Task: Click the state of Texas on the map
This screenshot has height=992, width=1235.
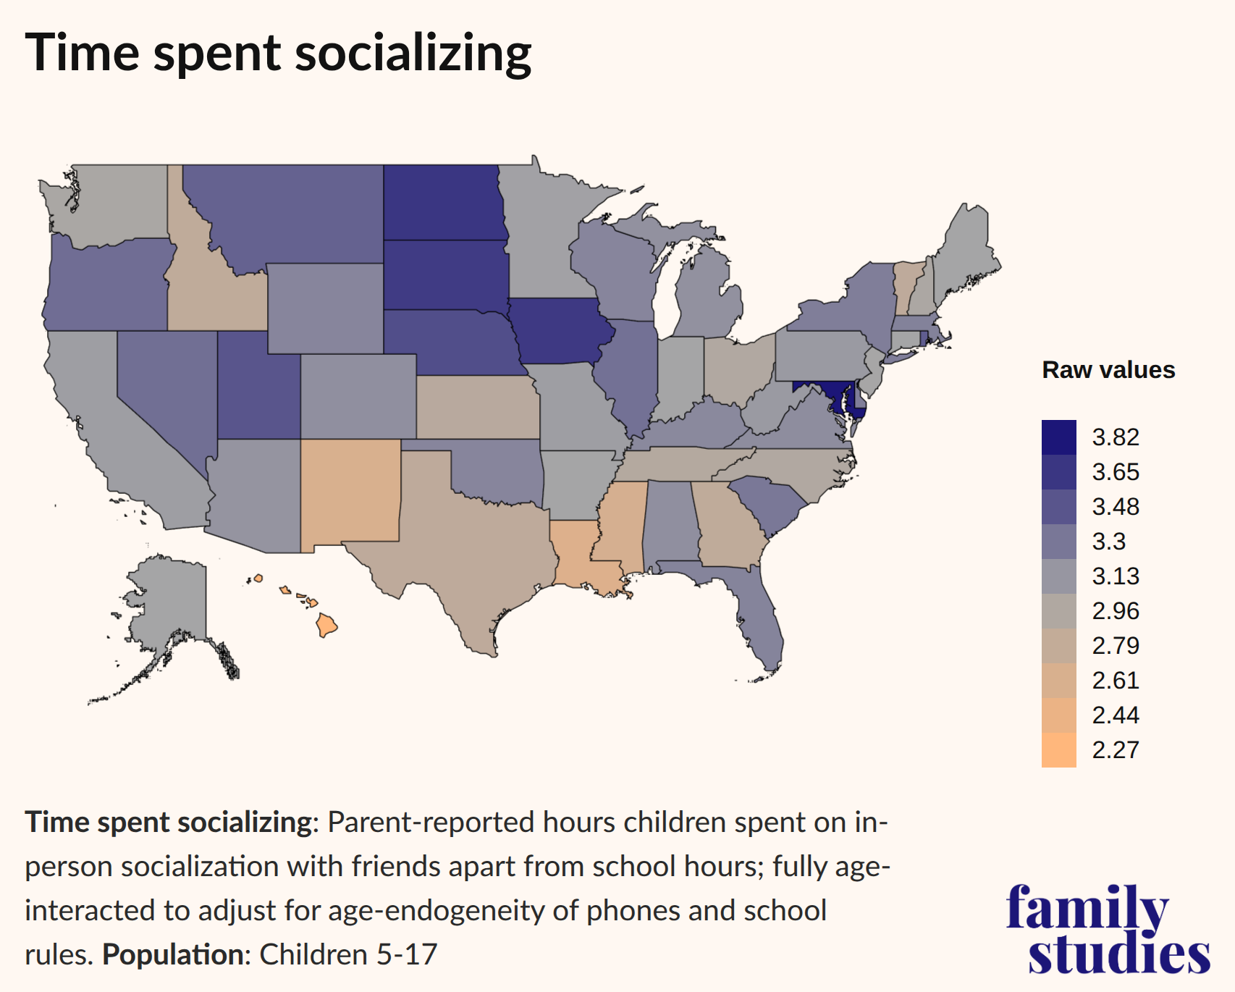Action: click(463, 550)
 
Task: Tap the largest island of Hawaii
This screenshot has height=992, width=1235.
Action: click(327, 624)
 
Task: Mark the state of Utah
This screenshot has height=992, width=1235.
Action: click(258, 391)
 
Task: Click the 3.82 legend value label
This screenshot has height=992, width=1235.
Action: click(1116, 437)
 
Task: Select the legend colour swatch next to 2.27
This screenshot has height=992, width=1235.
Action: click(1058, 749)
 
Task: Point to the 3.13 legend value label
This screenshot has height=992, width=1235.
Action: click(1116, 576)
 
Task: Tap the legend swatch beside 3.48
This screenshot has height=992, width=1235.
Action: click(1058, 507)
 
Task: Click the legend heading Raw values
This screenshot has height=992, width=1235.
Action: click(1108, 370)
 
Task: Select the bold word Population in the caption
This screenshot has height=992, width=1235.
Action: click(172, 954)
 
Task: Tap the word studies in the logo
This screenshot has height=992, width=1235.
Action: click(1118, 954)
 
